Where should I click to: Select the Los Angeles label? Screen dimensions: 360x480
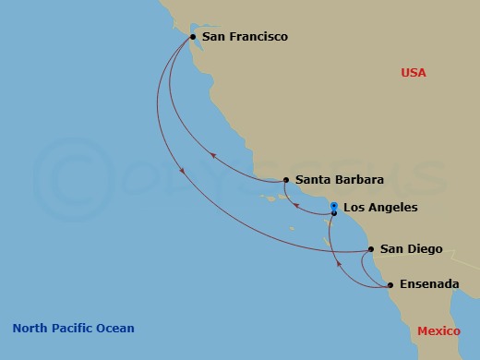[380, 208]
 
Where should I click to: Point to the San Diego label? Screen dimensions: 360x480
[412, 249]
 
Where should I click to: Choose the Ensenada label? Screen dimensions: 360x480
[429, 284]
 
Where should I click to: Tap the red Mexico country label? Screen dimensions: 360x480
[439, 330]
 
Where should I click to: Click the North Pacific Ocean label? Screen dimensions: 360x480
[73, 328]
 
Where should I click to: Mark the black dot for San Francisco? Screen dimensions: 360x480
[192, 37]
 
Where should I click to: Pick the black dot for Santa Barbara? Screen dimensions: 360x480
[286, 180]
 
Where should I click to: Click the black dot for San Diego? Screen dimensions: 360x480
[371, 249]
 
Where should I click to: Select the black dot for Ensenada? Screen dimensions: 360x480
[390, 285]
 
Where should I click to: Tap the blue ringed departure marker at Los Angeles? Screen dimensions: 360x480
[334, 205]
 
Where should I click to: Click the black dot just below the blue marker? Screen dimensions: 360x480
[334, 213]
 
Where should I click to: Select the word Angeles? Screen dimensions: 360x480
[392, 208]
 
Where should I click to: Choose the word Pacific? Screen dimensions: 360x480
[73, 328]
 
